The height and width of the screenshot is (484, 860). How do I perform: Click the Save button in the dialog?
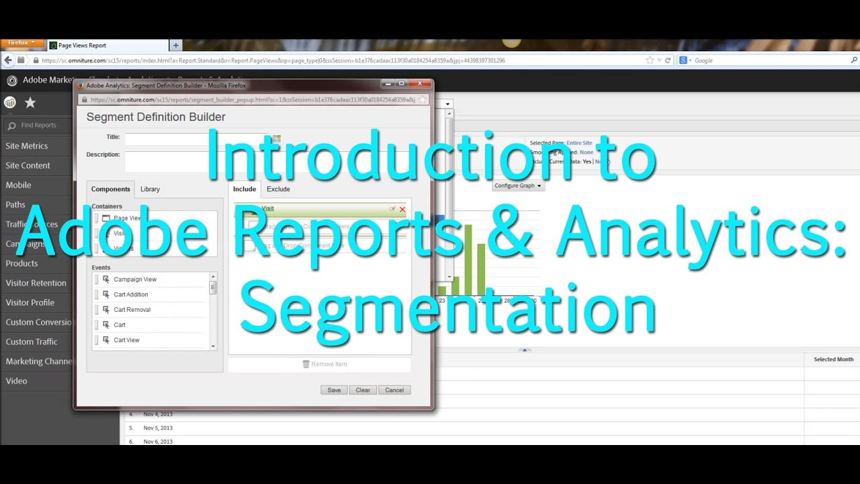[x=334, y=390]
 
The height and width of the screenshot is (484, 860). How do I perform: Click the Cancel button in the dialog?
[x=394, y=390]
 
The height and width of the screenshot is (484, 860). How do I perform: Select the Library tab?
[x=150, y=189]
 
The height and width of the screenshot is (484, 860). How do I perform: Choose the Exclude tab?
[x=278, y=189]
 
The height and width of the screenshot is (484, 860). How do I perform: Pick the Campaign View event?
[x=135, y=280]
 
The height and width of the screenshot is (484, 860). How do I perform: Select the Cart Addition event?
[x=130, y=294]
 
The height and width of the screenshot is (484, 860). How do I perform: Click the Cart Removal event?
[x=132, y=310]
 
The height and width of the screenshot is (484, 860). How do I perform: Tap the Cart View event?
[x=126, y=340]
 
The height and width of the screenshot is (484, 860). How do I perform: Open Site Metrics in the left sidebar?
[x=27, y=146]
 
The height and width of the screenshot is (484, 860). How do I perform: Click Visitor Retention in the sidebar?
[x=36, y=283]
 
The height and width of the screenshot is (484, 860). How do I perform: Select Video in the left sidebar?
[x=17, y=381]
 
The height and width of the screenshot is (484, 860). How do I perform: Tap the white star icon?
[x=30, y=103]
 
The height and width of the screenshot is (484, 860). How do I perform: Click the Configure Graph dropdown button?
[x=518, y=186]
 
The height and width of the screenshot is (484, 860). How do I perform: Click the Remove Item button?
[x=325, y=364]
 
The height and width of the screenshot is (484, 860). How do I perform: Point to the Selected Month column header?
[x=833, y=360]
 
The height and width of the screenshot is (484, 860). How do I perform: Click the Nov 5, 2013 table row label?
[x=158, y=428]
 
